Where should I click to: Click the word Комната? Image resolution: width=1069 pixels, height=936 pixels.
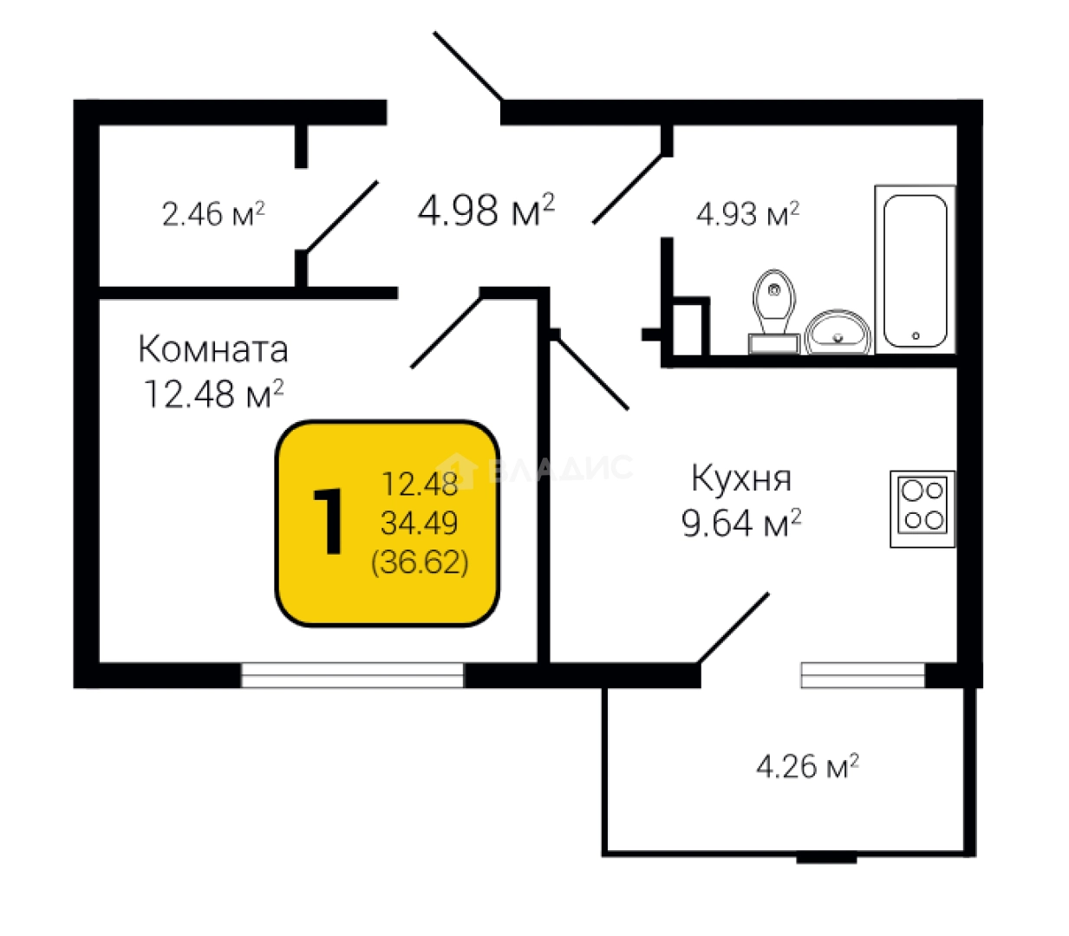coord(213,348)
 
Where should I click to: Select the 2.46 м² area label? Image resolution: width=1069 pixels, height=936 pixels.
coord(213,213)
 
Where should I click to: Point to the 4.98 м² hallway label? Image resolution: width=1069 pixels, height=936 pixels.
coord(486,210)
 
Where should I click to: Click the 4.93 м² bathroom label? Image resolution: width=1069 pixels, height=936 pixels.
coord(747,213)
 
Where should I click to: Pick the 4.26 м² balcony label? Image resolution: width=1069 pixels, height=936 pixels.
coord(808,766)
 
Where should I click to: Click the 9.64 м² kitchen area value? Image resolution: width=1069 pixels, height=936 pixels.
coord(741,523)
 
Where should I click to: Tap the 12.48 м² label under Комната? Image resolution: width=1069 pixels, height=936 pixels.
coord(213,393)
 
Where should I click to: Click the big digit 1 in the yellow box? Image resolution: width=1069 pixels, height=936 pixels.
coord(328,521)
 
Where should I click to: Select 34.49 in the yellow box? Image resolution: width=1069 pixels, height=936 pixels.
coord(420,523)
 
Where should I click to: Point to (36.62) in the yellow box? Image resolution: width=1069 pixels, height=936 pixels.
coord(420,562)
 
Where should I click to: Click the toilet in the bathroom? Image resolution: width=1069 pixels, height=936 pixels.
coord(774,312)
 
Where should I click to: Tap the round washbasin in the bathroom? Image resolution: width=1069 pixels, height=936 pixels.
coord(838,332)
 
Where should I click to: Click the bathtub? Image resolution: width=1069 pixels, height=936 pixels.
coord(916,270)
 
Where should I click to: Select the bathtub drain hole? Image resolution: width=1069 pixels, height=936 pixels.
coord(916,336)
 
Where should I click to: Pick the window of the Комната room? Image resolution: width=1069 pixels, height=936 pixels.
coord(352,675)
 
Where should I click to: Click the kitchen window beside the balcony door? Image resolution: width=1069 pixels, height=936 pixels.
coord(864,675)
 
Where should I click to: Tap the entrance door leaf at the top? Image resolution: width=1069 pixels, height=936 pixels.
coord(468,66)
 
